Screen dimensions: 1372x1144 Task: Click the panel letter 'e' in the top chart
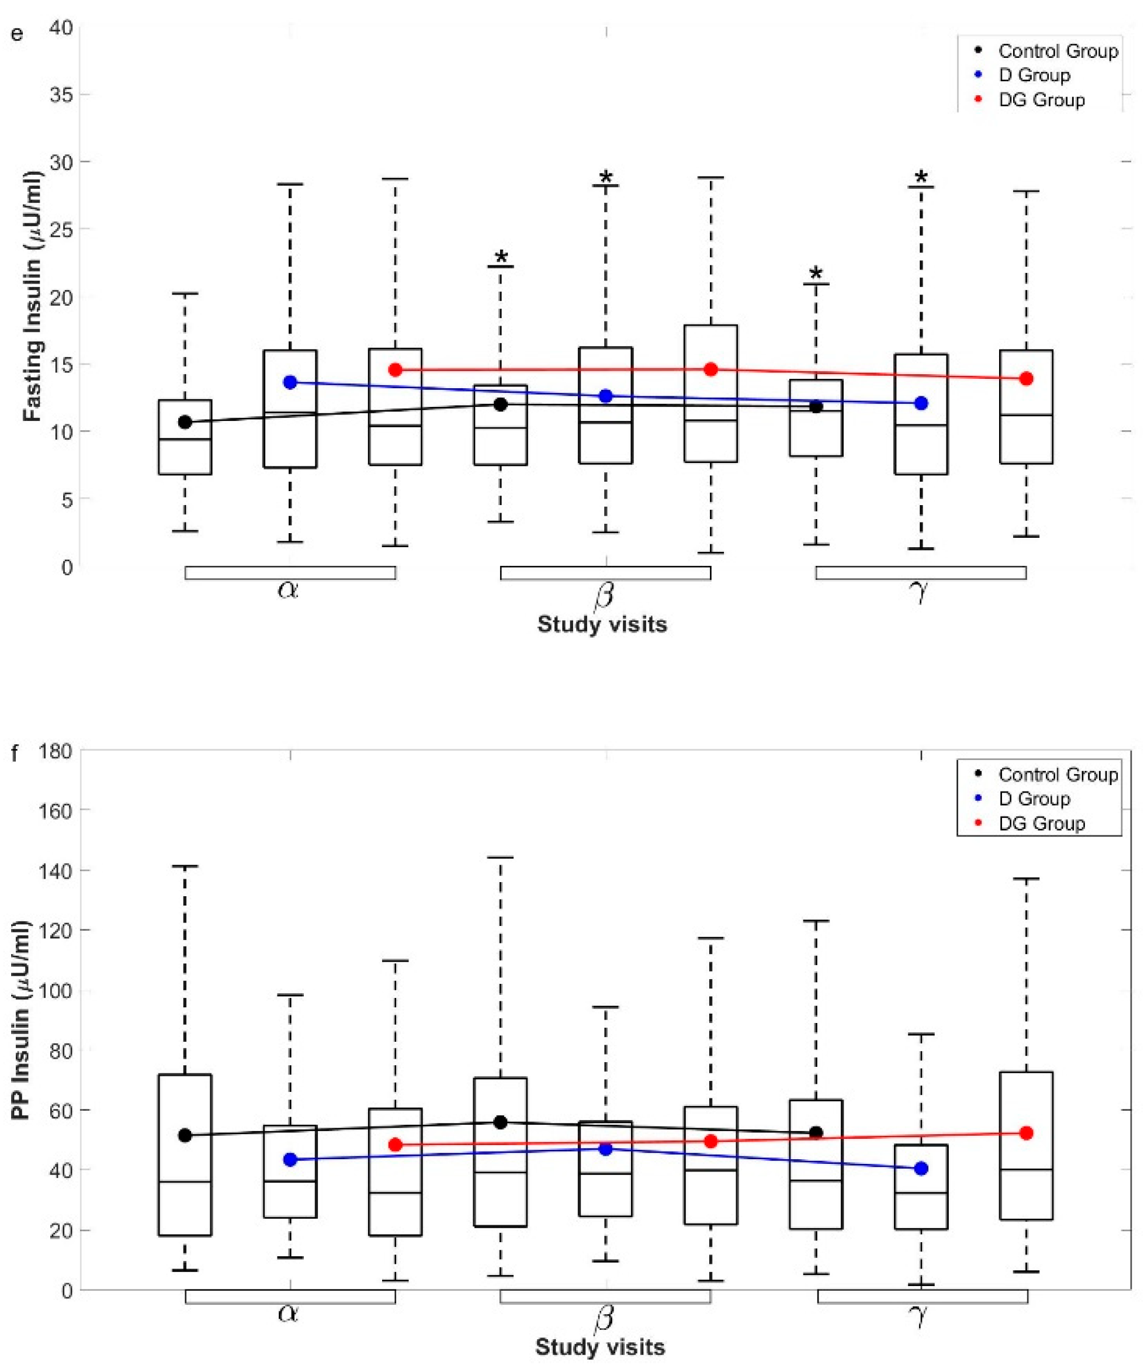click(x=16, y=33)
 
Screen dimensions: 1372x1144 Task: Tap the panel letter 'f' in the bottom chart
click(x=15, y=754)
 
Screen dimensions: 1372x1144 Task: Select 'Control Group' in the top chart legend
click(x=1057, y=51)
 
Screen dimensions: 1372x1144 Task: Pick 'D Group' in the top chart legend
click(x=1034, y=75)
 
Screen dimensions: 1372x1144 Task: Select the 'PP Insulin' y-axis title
click(x=22, y=1020)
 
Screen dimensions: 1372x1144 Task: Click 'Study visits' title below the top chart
click(x=601, y=624)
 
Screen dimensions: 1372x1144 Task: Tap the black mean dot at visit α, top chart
click(x=185, y=422)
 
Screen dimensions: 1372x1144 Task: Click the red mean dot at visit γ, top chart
click(x=1026, y=378)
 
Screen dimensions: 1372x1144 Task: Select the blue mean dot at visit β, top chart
click(x=605, y=396)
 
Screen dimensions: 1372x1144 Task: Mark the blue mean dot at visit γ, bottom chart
click(x=921, y=1168)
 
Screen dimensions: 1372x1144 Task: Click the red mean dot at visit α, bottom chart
click(x=395, y=1144)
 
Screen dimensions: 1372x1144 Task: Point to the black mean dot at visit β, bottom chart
click(x=500, y=1122)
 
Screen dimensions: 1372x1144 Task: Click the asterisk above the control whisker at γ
click(x=816, y=274)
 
